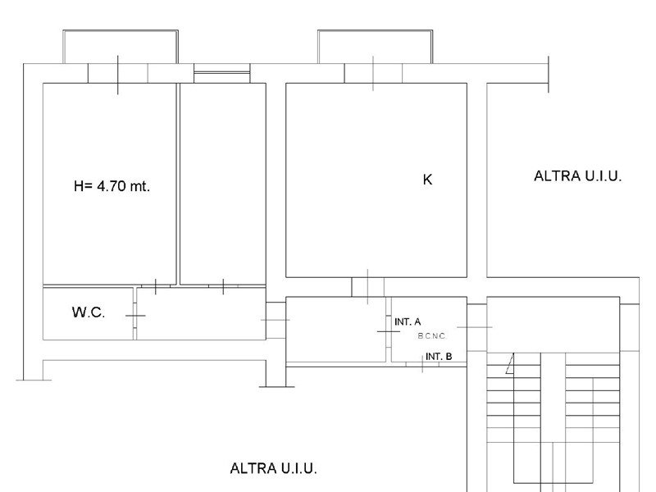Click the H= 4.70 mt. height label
click(112, 186)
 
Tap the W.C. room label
click(89, 312)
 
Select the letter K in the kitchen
click(427, 179)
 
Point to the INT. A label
click(408, 321)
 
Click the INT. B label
click(439, 357)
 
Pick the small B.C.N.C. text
click(432, 336)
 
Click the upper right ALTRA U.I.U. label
click(578, 176)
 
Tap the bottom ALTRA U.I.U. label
click(274, 468)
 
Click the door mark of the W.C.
click(135, 316)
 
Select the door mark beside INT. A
click(388, 331)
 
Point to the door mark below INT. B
click(422, 363)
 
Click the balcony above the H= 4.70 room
click(121, 47)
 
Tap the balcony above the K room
click(375, 47)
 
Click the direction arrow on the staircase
click(510, 363)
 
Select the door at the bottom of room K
click(367, 287)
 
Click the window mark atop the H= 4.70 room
click(118, 75)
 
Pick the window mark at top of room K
click(373, 74)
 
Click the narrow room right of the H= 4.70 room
click(222, 184)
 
